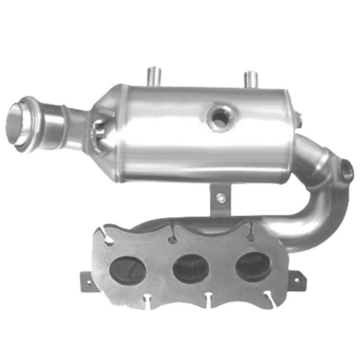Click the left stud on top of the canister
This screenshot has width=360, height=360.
tap(153, 75)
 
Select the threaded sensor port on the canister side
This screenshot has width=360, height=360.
tap(218, 117)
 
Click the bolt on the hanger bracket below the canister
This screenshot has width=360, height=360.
tap(221, 196)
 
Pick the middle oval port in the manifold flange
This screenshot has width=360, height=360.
tap(190, 267)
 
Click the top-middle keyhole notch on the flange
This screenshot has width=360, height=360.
tap(174, 234)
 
